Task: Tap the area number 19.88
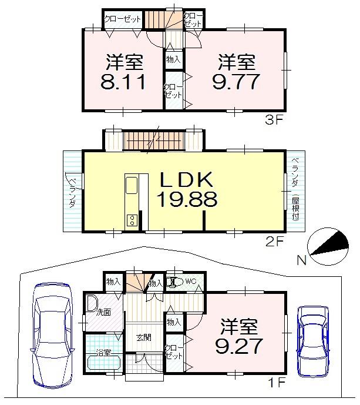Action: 186,200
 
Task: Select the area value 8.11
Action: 125,81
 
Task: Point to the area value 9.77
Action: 235,81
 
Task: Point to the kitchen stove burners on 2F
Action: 132,221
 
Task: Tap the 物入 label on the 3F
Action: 173,59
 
